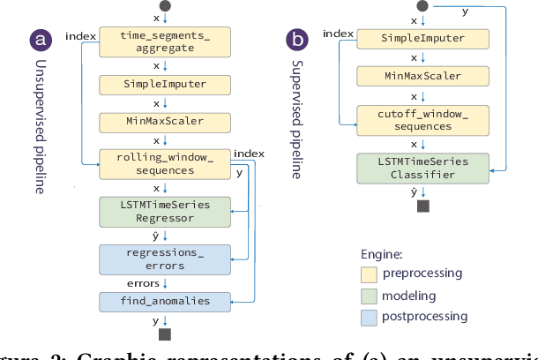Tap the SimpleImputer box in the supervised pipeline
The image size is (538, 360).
pos(423,38)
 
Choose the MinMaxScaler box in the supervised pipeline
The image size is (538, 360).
pos(423,76)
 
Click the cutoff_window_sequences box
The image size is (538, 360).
pos(423,120)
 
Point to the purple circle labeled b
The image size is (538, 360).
pos(298,40)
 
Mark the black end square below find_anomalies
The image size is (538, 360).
pos(164,335)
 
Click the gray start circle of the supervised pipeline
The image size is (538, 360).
pos(423,6)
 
